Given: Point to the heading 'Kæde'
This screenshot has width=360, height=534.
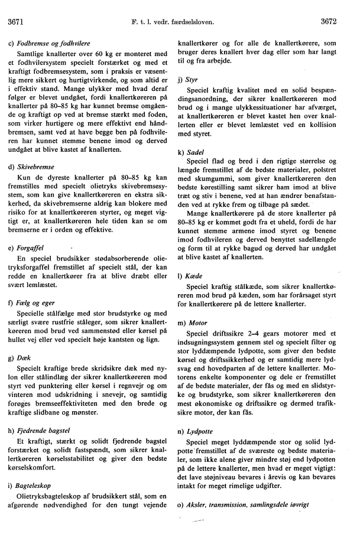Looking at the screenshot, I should [x=197, y=276].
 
